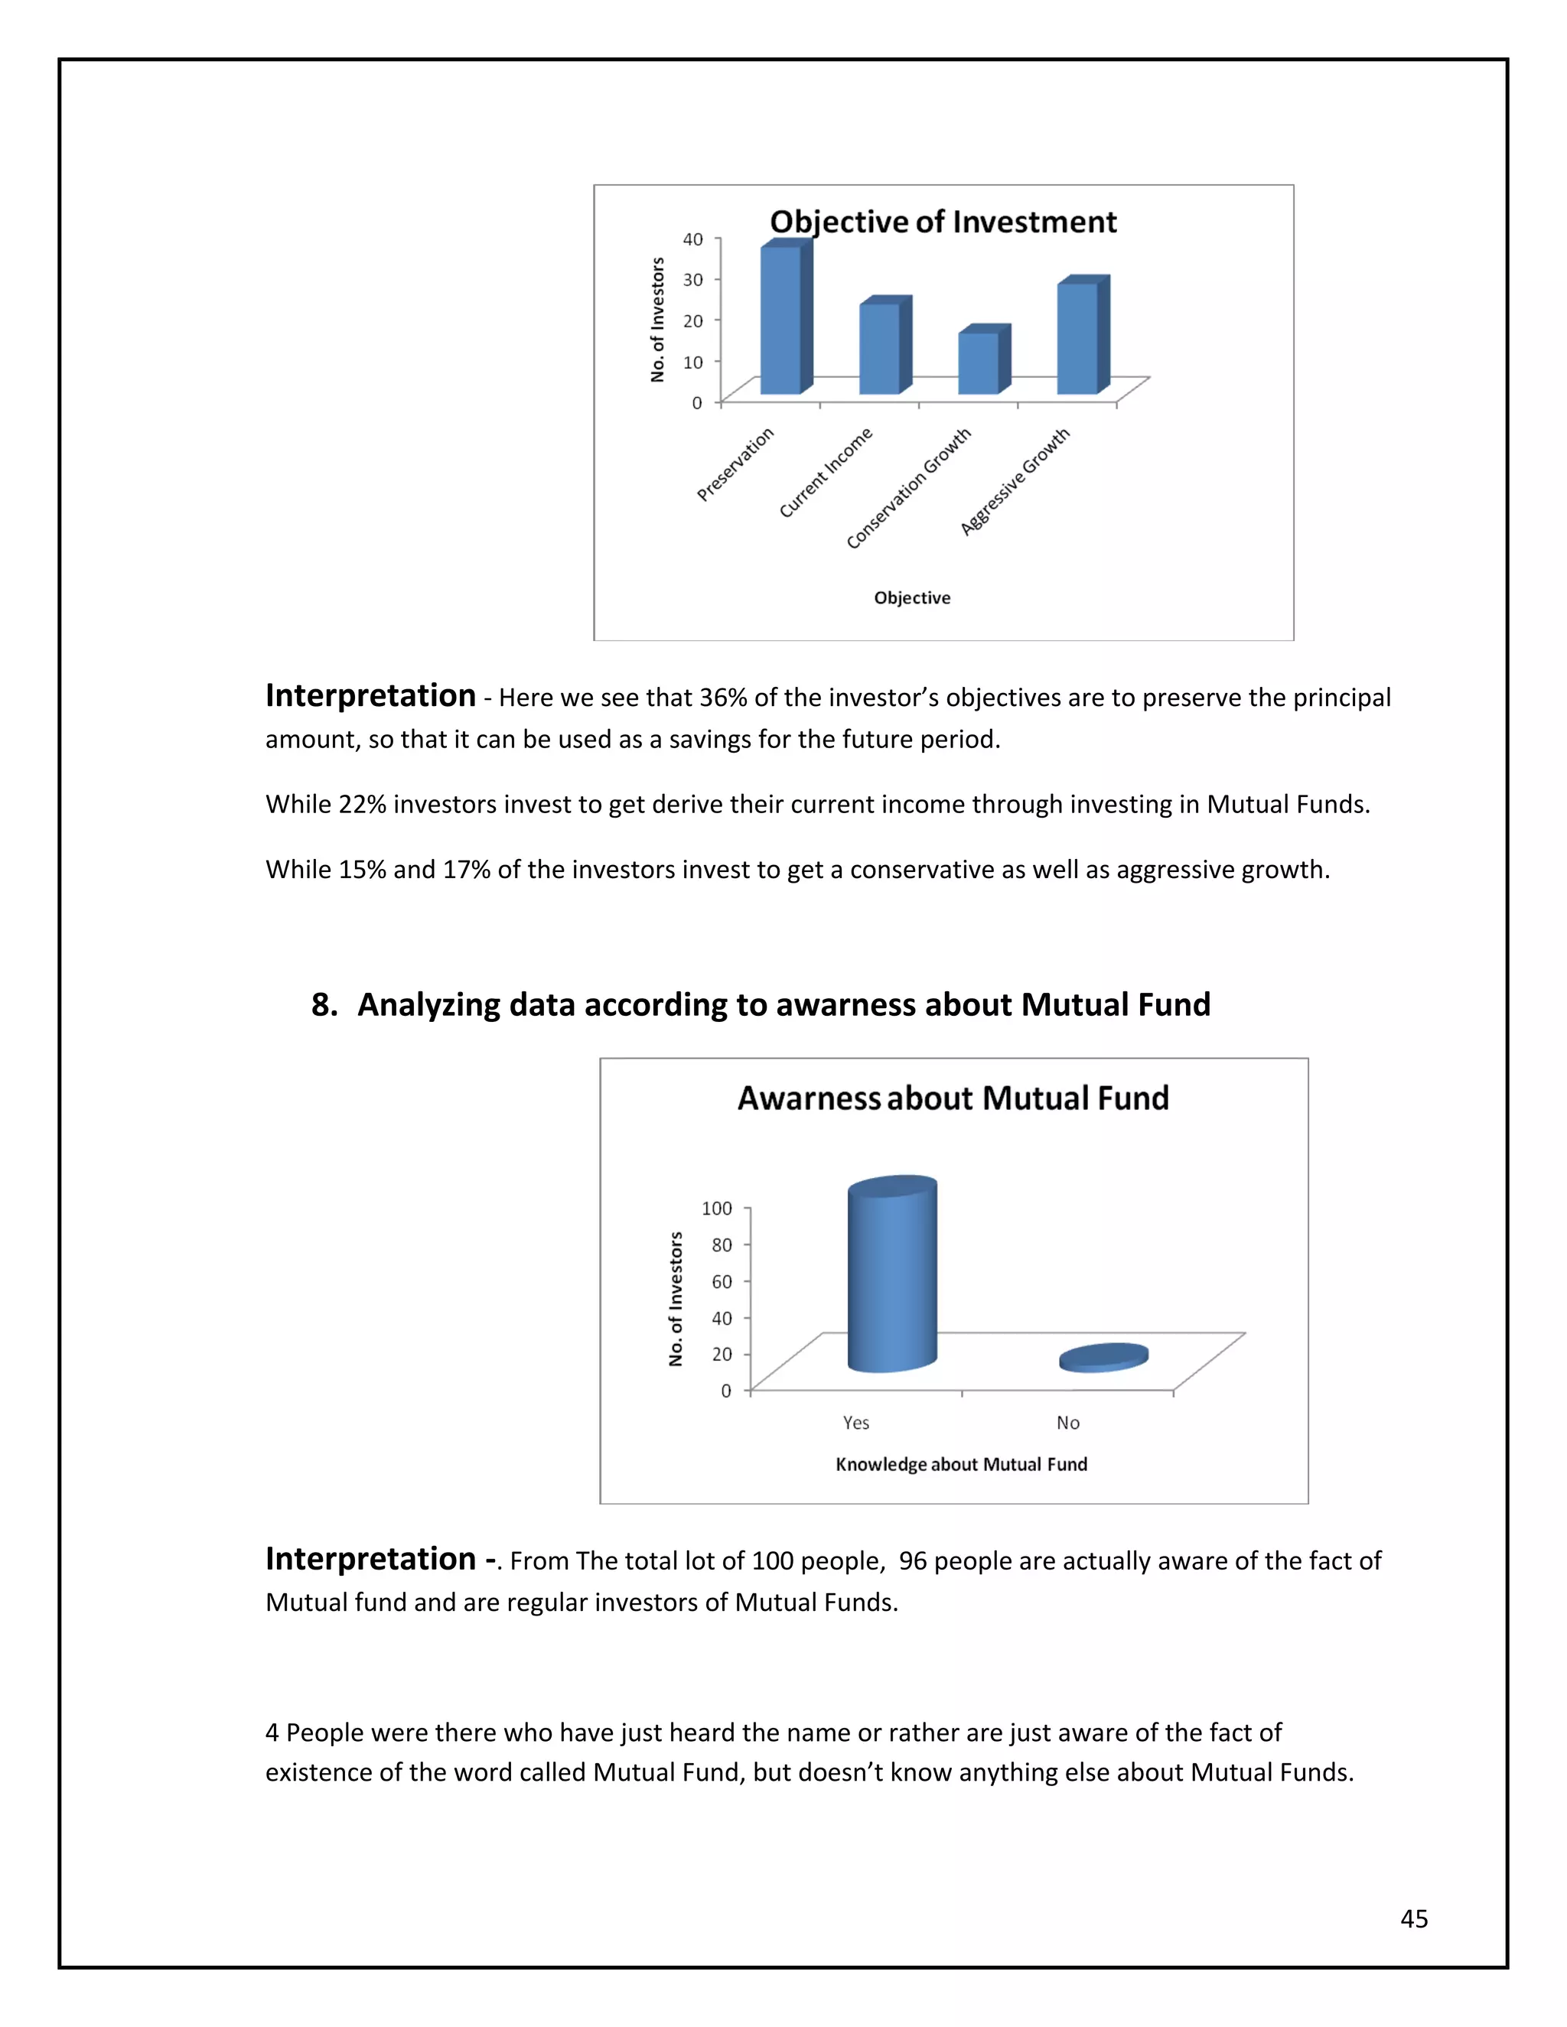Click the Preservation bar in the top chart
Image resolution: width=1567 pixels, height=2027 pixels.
tap(780, 320)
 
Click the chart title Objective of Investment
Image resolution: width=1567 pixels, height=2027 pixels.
tap(943, 222)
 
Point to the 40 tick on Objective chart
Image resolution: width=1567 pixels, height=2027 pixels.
tap(693, 239)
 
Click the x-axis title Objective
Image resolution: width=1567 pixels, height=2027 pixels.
tap(911, 599)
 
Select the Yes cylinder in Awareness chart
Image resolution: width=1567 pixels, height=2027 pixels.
tap(891, 1276)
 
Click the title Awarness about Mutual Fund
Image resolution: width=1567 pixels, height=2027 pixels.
tap(953, 1099)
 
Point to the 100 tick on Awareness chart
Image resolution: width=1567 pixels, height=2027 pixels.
tap(717, 1209)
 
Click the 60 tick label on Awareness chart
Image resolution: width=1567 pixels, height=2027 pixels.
tap(722, 1282)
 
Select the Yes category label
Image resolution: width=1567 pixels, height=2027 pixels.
tap(856, 1423)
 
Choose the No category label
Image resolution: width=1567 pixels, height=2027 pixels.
tap(1067, 1423)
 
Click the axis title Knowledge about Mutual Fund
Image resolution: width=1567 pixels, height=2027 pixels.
tap(961, 1465)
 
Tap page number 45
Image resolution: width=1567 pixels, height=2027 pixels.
tap(1414, 1919)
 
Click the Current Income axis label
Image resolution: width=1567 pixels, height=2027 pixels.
tap(826, 473)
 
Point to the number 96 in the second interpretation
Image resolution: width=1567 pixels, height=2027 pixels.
tap(913, 1561)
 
